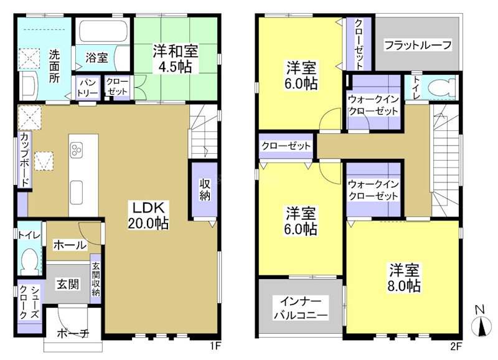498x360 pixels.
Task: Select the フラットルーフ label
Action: (x=417, y=45)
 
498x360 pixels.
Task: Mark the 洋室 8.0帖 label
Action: (x=406, y=278)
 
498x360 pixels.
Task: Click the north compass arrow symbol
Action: (x=479, y=326)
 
